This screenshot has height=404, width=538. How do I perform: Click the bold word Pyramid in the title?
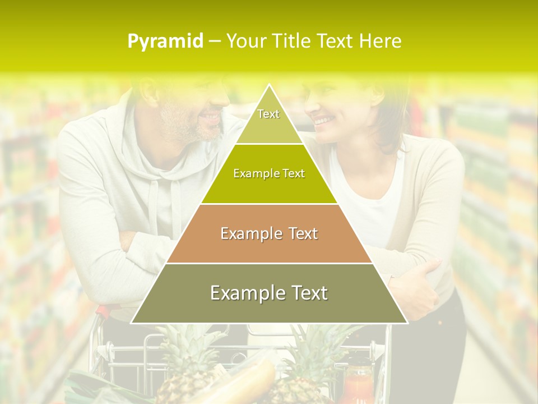165,42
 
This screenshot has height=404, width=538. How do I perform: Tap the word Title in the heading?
293,42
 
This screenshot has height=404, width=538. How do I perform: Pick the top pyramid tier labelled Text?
268,118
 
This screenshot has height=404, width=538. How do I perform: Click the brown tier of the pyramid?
269,233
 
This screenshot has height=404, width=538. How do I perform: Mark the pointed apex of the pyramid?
269,86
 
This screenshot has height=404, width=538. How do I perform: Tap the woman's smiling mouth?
322,120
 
